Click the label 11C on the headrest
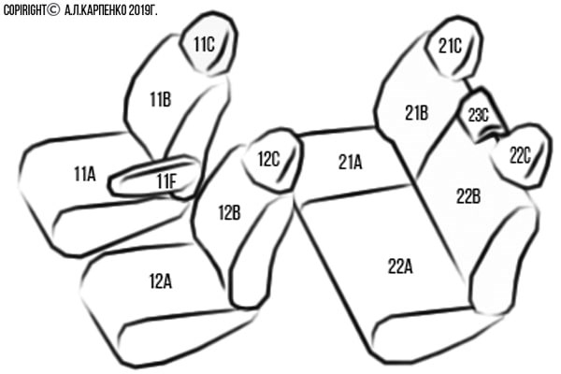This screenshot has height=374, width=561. coord(204,44)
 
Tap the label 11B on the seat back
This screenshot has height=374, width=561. coord(160,99)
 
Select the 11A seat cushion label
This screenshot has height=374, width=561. coord(85,174)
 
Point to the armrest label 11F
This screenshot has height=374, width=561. coord(166,181)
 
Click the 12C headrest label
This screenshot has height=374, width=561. coord(268,159)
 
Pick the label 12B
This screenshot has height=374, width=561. coord(229,212)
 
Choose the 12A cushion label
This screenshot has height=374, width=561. coord(161,280)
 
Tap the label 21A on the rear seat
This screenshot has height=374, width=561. coord(351,162)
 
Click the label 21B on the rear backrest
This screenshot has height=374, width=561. coord(416,113)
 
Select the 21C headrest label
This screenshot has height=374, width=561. coord(450,46)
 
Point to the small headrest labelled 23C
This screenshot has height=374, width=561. coord(479,115)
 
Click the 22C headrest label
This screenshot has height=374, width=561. coord(520,155)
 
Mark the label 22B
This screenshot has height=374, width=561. coord(468,196)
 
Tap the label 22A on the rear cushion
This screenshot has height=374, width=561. coord(400,266)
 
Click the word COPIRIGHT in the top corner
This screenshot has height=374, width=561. coord(24,10)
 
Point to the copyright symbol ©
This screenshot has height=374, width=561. coord(53,10)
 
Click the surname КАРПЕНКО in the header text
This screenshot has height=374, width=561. coord(104,10)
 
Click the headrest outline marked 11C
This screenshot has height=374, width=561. coord(209,44)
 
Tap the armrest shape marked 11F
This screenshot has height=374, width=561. coord(154,177)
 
